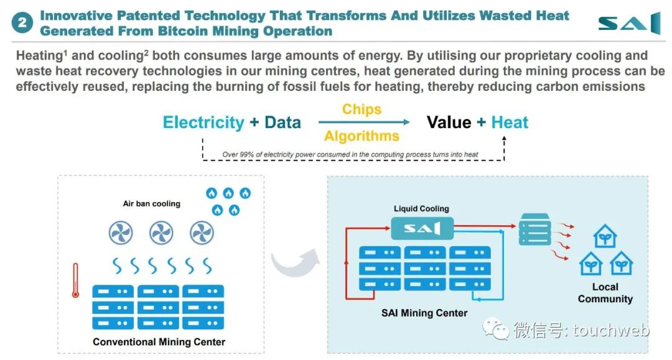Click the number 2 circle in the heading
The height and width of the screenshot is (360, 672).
point(22,22)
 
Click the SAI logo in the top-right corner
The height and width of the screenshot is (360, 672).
point(630,23)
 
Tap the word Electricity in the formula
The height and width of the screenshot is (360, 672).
point(203,122)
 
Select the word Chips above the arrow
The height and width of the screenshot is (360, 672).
point(362,109)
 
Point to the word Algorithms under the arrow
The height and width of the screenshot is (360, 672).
point(362,136)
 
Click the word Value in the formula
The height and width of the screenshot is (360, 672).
point(449,122)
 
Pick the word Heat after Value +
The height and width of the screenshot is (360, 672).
point(510,122)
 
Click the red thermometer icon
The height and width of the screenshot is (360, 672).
point(75,280)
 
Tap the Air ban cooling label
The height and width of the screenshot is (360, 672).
point(152,204)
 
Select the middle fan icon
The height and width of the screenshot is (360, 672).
point(161,233)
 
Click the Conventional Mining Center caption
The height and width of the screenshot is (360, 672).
point(159,342)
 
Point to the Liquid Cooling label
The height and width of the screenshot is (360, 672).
point(421,208)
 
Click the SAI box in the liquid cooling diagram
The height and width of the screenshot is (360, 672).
point(422,229)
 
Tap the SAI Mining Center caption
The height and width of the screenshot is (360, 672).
point(424,313)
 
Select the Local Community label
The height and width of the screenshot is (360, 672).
point(605,293)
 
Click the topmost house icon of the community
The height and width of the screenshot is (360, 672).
point(605,236)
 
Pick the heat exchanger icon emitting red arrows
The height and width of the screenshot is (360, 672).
point(534,229)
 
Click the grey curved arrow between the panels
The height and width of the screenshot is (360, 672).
point(296,262)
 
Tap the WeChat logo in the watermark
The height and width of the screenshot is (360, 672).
point(495,329)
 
